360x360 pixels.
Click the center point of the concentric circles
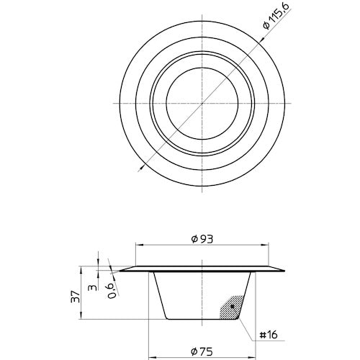pos(204,102)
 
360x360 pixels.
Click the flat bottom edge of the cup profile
pos(204,320)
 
